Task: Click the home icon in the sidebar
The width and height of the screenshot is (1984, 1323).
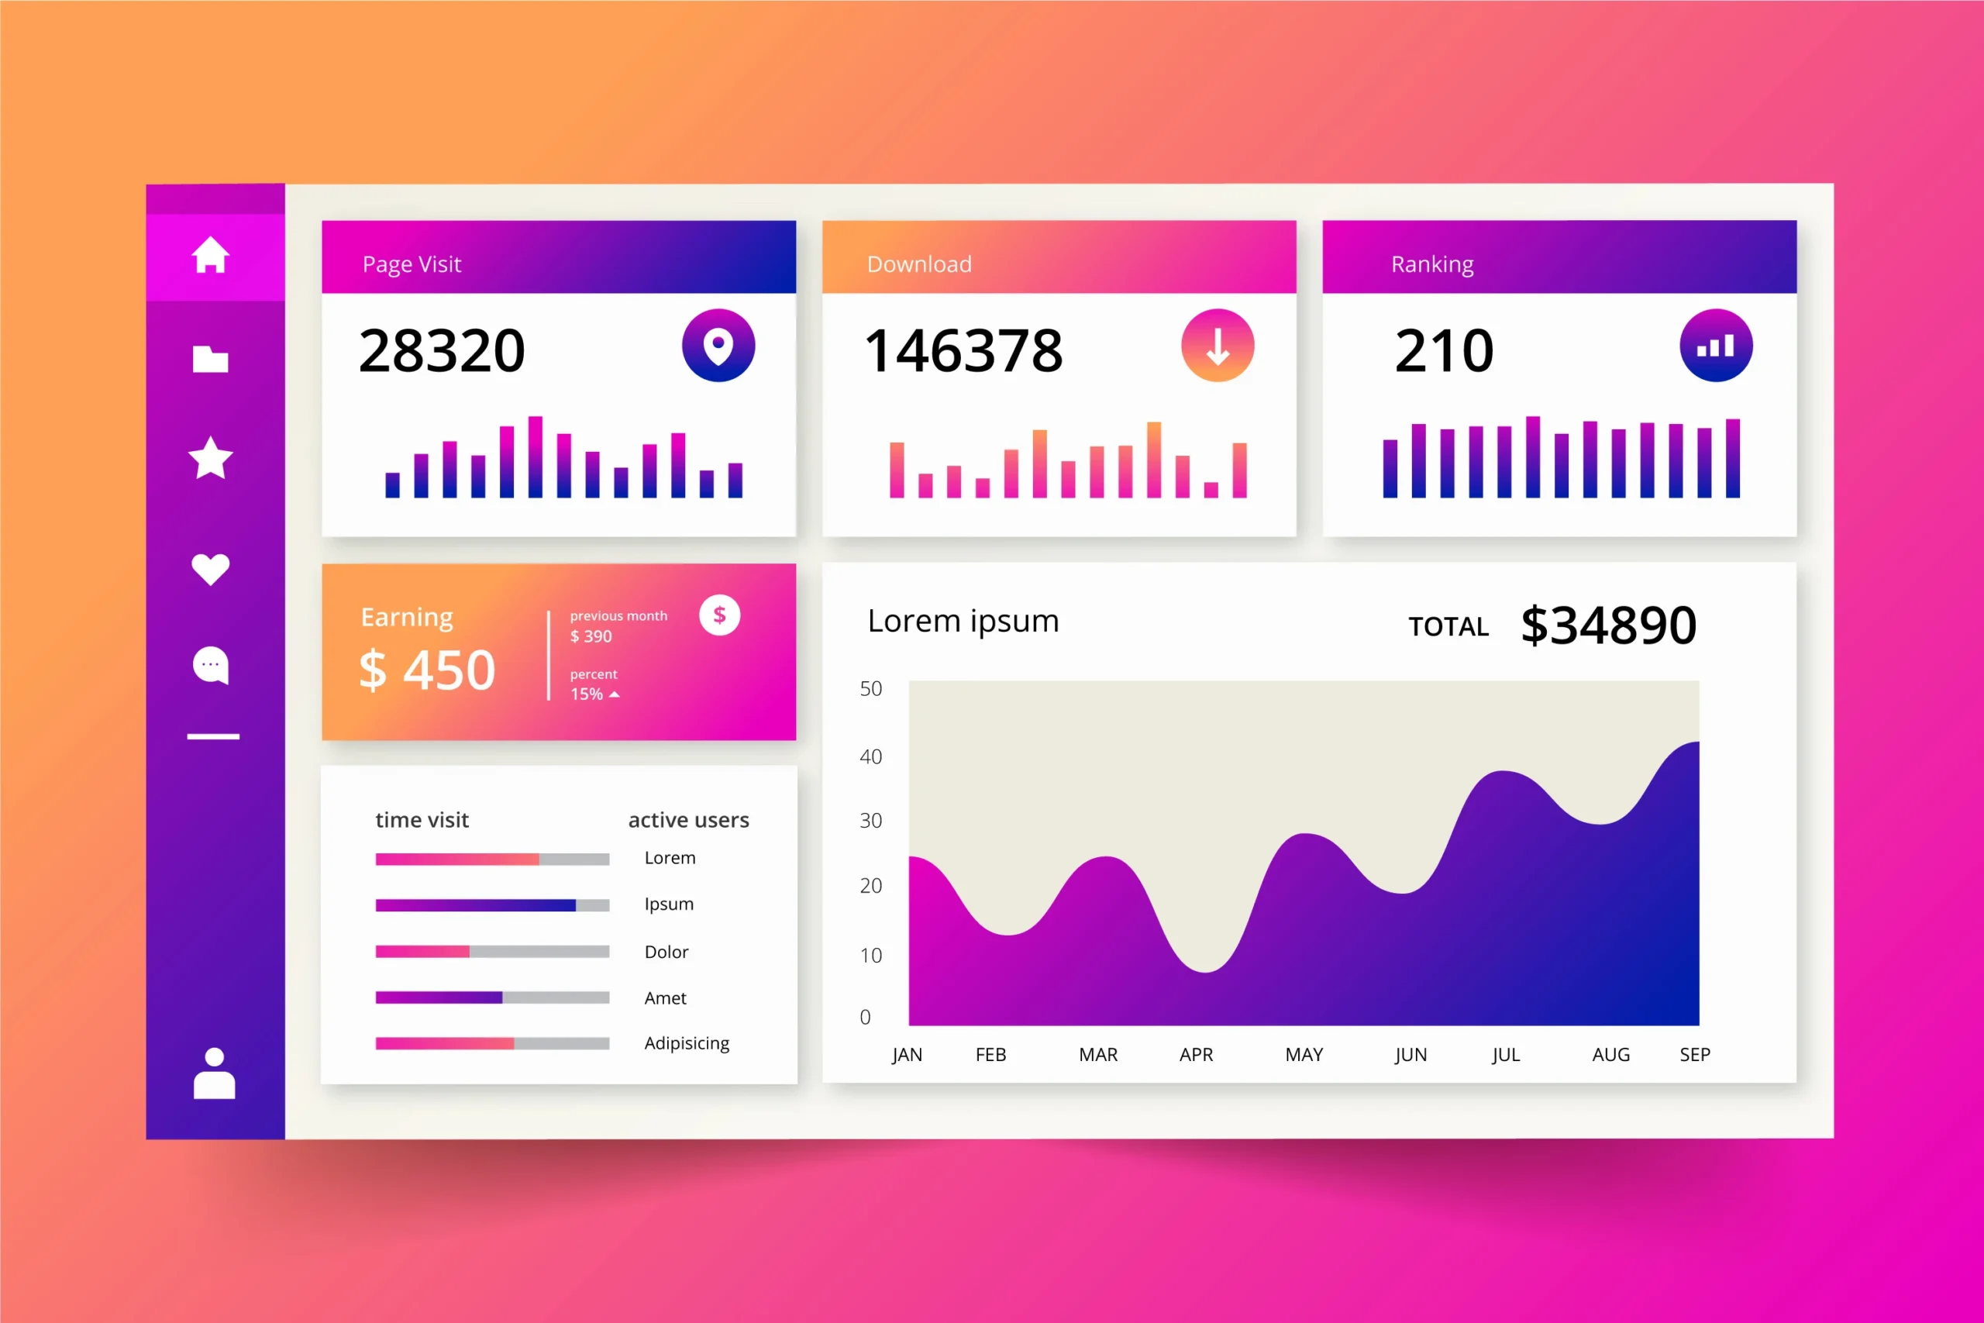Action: click(210, 254)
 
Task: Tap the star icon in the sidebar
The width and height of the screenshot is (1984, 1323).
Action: click(210, 458)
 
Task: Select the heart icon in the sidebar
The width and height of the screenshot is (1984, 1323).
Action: click(210, 569)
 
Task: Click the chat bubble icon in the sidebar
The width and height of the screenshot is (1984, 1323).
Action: click(210, 666)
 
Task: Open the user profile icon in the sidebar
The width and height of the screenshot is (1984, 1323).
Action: click(214, 1073)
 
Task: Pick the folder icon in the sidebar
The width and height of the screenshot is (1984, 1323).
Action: click(210, 359)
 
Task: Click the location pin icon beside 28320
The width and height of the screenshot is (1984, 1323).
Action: click(718, 345)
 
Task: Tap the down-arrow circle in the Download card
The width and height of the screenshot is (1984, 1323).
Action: click(1218, 345)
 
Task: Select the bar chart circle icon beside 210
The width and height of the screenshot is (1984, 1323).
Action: click(1716, 345)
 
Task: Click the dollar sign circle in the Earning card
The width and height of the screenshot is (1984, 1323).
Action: click(719, 615)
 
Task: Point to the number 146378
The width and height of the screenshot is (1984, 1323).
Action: click(963, 351)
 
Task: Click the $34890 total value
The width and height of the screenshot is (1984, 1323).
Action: click(1608, 625)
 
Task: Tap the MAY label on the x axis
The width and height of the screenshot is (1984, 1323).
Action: click(1304, 1055)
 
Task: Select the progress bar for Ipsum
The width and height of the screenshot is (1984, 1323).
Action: click(492, 905)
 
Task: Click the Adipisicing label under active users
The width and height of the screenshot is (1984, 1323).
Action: click(687, 1044)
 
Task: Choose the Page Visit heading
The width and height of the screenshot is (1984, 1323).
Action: click(412, 264)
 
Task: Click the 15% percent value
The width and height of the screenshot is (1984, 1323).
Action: click(587, 694)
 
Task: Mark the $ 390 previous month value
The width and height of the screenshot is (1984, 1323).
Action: click(591, 636)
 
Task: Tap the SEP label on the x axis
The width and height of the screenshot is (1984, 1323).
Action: click(1695, 1055)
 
